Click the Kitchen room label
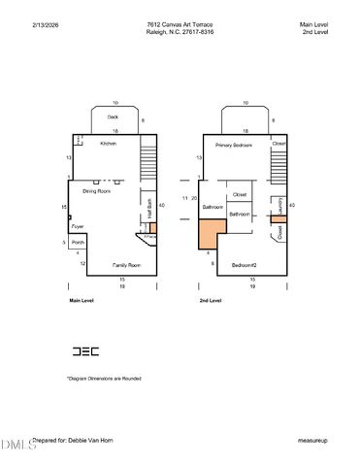109,144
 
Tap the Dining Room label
96,191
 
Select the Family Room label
127,265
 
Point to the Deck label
113,116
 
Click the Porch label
78,242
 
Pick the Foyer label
77,227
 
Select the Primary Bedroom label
235,144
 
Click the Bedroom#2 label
243,265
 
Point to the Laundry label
279,206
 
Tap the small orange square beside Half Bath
152,227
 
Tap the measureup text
312,440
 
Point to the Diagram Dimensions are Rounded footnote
104,379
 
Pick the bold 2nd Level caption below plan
211,302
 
